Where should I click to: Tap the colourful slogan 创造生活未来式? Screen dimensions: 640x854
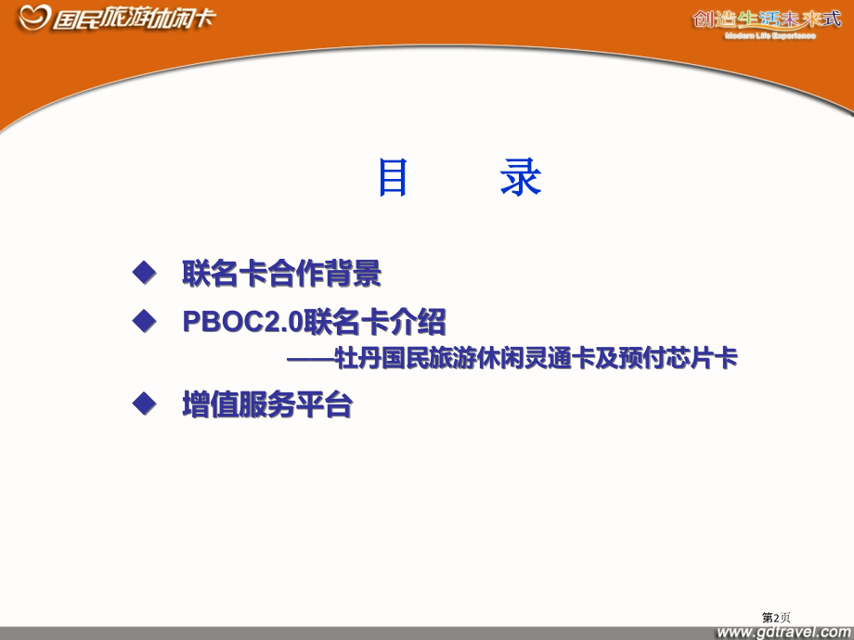pyautogui.click(x=766, y=19)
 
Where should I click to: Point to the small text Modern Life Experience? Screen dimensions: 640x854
pyautogui.click(x=770, y=36)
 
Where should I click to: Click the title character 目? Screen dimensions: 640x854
pyautogui.click(x=393, y=178)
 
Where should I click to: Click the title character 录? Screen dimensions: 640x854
pyautogui.click(x=520, y=178)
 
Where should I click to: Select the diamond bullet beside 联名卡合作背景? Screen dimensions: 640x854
pyautogui.click(x=142, y=273)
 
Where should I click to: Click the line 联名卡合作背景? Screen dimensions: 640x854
pyautogui.click(x=282, y=275)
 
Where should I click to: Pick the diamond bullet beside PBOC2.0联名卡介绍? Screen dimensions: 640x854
pyautogui.click(x=142, y=321)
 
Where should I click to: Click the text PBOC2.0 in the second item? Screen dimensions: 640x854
pyautogui.click(x=237, y=323)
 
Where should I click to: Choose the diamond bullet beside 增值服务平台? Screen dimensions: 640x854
pyautogui.click(x=142, y=403)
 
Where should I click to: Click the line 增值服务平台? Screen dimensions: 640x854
pyautogui.click(x=267, y=405)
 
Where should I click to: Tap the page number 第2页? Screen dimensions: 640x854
pyautogui.click(x=776, y=616)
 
